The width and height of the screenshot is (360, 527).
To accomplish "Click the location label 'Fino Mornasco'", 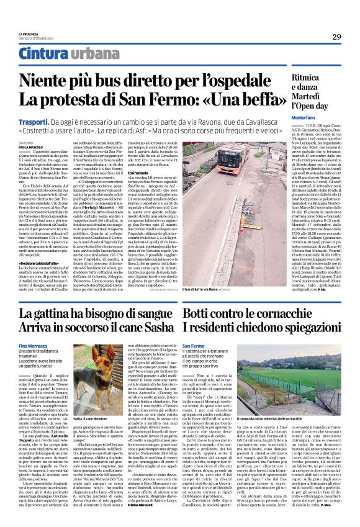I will coord(33,345).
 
